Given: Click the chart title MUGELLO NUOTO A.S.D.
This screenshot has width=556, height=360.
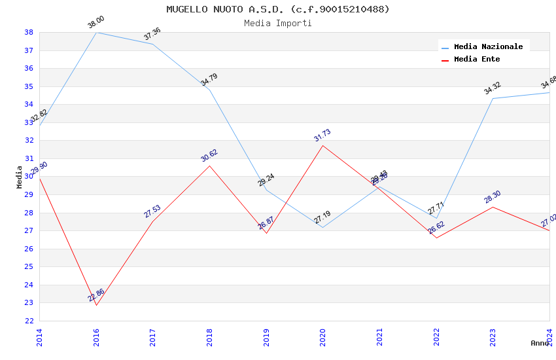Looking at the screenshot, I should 277,9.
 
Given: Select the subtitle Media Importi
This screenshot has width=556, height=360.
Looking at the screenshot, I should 277,23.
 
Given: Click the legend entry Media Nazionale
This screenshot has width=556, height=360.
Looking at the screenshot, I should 488,46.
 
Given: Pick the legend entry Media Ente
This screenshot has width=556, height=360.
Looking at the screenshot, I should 476,59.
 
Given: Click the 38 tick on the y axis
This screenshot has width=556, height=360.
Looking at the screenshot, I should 29,32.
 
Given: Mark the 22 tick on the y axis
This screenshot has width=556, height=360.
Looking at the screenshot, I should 29,321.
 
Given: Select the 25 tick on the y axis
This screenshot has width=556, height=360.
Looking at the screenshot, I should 29,266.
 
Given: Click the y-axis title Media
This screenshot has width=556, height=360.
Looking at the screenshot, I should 19,177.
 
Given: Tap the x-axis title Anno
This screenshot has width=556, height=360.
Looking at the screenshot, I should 540,343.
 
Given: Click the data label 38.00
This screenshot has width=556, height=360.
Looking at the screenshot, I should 96,23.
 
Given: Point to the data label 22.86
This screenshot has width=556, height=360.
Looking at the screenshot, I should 96,295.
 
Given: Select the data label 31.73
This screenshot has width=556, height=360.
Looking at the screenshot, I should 322,135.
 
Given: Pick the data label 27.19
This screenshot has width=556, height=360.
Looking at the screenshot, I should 322,218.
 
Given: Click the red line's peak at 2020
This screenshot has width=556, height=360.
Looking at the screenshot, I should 323,145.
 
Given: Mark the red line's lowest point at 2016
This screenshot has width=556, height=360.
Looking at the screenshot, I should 96,305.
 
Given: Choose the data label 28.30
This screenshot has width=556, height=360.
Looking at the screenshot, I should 493,197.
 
